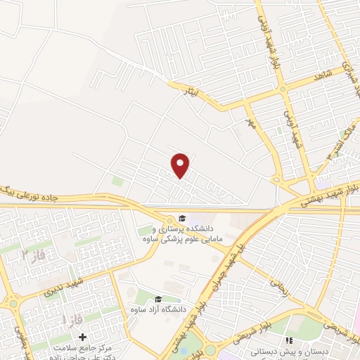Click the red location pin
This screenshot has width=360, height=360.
point(181,165)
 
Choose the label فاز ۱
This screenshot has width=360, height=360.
point(72,320)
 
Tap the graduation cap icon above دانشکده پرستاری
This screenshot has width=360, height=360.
point(181,219)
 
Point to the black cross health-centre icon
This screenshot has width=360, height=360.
point(83,339)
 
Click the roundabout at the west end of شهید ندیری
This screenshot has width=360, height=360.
point(12,304)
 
